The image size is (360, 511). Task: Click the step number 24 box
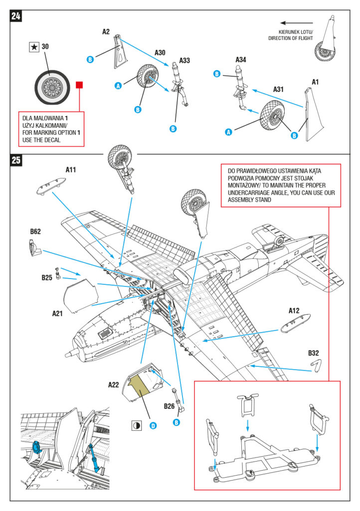15,16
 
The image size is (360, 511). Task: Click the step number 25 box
15,161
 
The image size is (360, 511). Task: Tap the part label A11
71,170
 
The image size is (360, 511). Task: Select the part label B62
35,232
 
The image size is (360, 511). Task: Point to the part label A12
294,311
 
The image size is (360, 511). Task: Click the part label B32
313,353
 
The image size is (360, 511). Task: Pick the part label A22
114,385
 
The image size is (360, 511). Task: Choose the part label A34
241,60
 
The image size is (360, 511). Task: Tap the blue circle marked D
153,425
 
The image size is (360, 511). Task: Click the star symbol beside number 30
33,47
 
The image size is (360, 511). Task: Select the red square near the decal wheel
79,85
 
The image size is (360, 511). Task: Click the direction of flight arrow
296,22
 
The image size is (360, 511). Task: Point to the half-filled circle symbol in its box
136,426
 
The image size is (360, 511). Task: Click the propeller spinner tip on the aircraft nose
67,352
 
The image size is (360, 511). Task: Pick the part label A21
58,313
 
